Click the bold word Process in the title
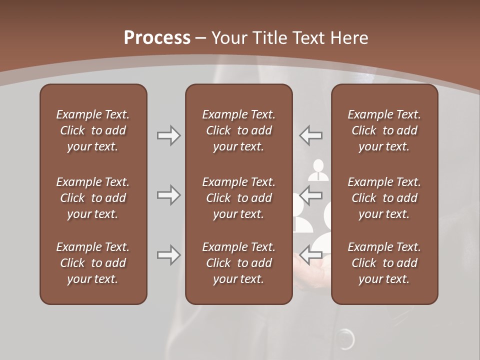157,38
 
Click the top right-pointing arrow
168,135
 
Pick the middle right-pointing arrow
168,195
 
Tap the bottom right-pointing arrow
168,255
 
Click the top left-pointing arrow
311,135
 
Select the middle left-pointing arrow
311,195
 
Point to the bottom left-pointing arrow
311,255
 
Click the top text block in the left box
93,130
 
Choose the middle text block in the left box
93,198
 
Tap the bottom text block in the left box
93,263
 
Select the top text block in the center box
238,130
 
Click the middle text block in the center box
238,198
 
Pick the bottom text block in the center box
238,263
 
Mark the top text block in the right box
384,130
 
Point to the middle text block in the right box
384,198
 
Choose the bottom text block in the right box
384,263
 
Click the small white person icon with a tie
318,170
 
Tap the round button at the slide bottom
345,339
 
